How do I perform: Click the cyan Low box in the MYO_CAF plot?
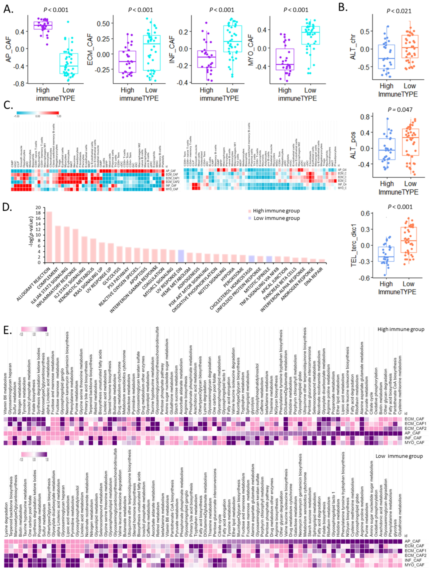click(x=311, y=35)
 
